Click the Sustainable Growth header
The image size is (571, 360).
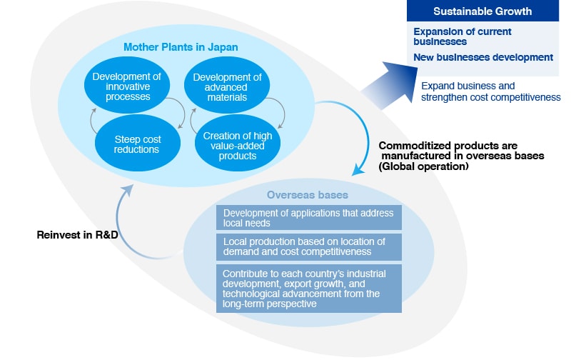[482, 11]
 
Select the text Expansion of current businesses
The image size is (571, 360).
[463, 36]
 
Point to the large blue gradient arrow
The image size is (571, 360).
[388, 84]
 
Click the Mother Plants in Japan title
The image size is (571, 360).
[181, 47]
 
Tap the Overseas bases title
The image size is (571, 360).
[297, 194]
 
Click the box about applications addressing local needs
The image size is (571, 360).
[308, 218]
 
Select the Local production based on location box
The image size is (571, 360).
[308, 246]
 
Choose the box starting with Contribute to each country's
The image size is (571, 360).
[308, 288]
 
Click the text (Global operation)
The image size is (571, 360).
[423, 166]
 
